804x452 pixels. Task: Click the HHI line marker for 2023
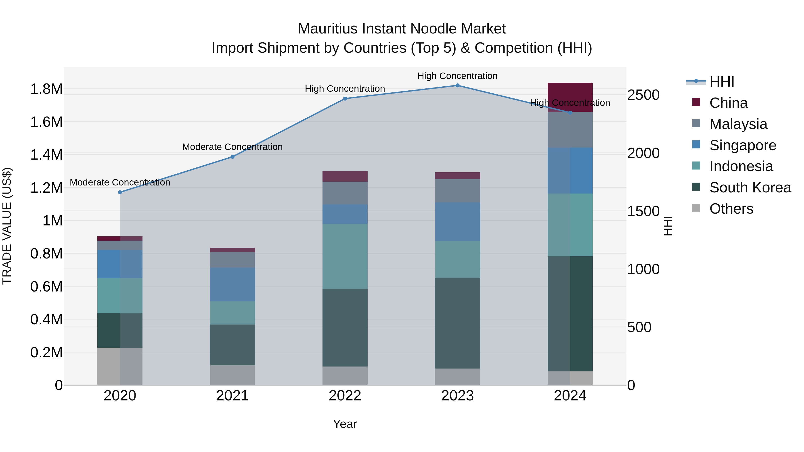coord(457,85)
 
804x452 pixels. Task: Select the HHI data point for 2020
coord(120,192)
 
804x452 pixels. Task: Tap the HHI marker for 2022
coord(345,99)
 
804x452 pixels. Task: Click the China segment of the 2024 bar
coord(570,94)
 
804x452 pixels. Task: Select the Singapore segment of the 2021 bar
coord(232,285)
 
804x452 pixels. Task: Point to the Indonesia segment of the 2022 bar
coord(345,256)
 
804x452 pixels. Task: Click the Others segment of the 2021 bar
coord(232,375)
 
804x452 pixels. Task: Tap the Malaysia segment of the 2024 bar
coord(570,130)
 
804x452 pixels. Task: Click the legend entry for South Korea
coord(750,187)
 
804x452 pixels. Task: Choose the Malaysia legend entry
coord(738,124)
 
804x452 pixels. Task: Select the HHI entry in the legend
coord(722,82)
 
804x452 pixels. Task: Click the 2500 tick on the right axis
coord(644,95)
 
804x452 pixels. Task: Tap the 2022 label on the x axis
coord(345,396)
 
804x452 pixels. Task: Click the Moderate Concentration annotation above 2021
coord(232,147)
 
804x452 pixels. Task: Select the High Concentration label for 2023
coord(457,76)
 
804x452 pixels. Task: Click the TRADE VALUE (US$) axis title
coord(7,226)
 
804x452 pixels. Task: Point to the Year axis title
coord(345,424)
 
